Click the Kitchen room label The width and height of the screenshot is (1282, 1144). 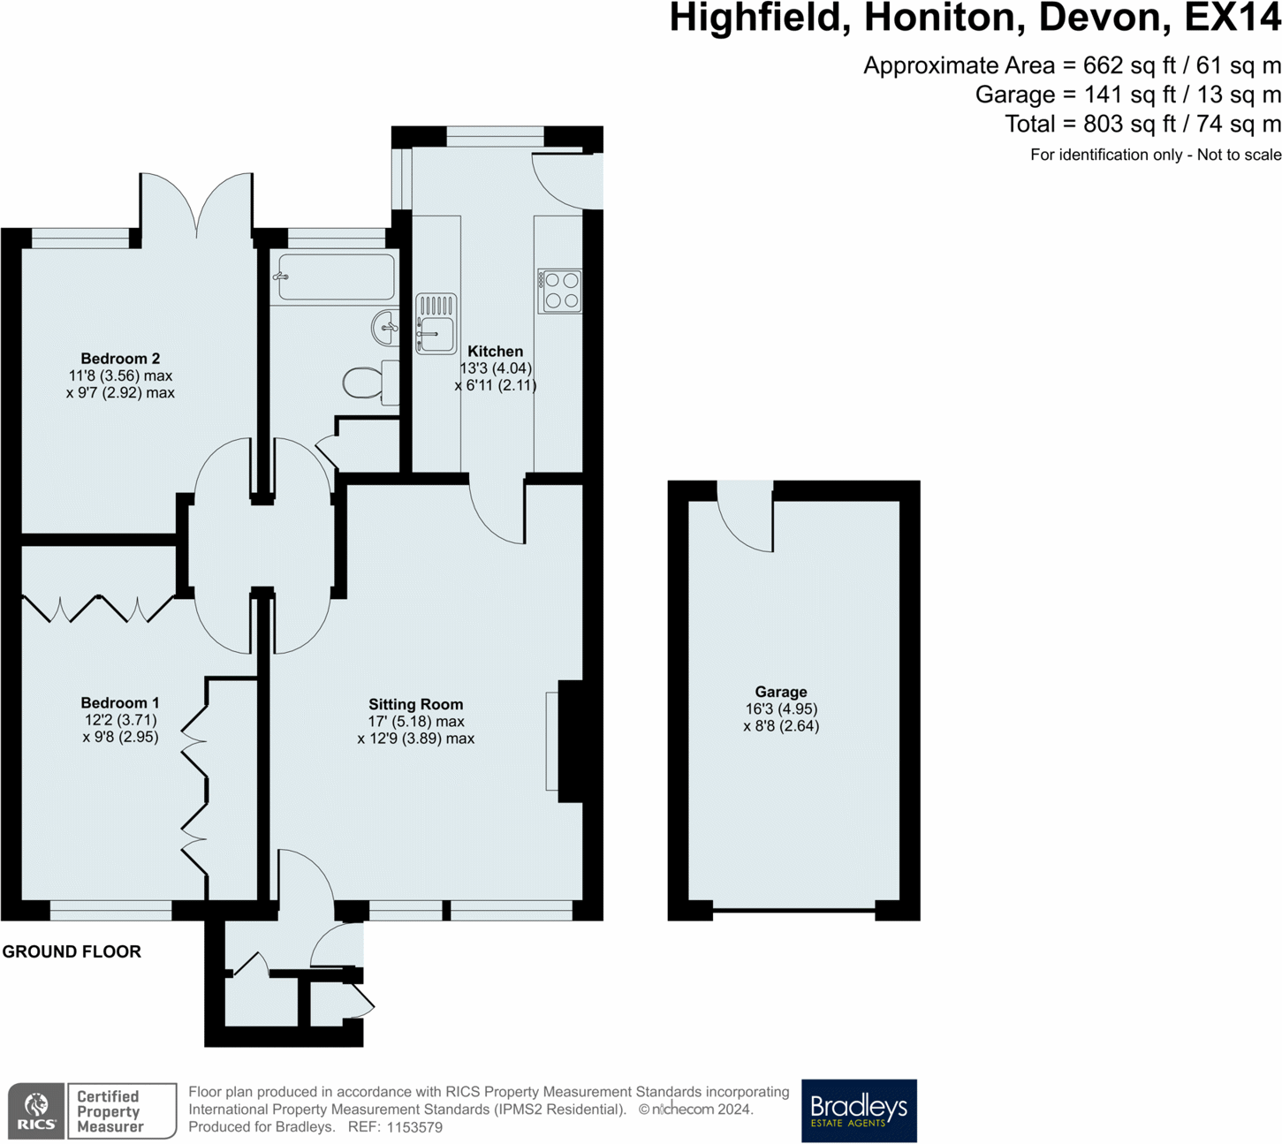tap(495, 352)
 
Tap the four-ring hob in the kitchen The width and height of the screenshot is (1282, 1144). tap(559, 291)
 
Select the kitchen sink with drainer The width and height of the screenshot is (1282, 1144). tap(436, 323)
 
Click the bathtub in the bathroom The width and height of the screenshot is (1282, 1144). tap(336, 277)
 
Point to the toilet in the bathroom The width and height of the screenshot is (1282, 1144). tap(371, 383)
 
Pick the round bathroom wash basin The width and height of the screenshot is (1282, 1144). tap(384, 328)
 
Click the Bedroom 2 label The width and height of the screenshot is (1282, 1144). tap(120, 359)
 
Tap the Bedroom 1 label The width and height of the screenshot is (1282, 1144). tap(120, 703)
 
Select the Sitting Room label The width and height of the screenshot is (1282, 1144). tap(416, 704)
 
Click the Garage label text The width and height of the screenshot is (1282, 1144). tap(781, 693)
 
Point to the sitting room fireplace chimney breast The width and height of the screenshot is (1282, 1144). tap(570, 741)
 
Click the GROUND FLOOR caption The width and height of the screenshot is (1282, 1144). tap(72, 951)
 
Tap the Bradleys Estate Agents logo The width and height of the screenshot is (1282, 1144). tap(859, 1110)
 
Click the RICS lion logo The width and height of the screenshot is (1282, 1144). tap(36, 1111)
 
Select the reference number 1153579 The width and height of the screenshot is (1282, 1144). tap(414, 1127)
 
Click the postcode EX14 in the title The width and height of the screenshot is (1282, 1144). tap(1233, 18)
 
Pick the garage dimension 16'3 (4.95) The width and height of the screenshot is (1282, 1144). tap(781, 708)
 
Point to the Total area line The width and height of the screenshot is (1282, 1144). tap(1143, 124)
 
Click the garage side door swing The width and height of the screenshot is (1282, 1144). tap(746, 516)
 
